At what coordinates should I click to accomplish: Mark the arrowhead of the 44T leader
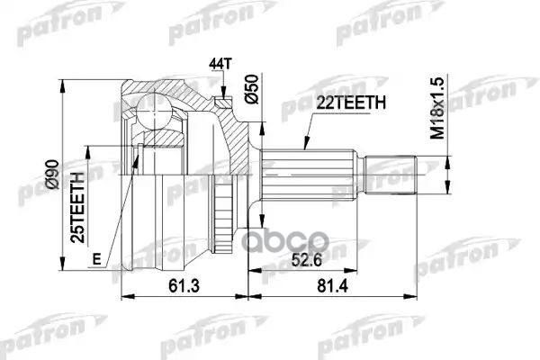[x=220, y=95]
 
